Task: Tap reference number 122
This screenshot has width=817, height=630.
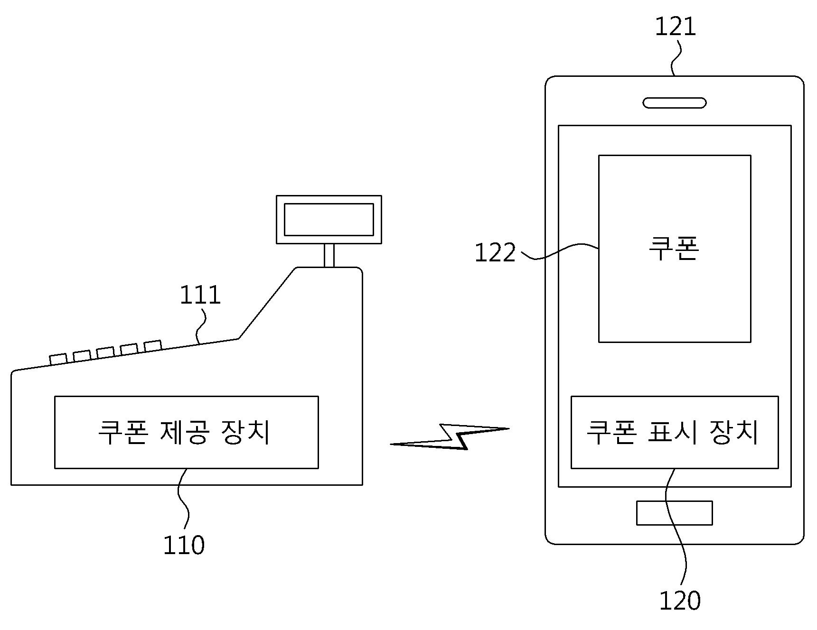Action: coord(495,253)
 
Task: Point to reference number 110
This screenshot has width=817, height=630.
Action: coord(184,545)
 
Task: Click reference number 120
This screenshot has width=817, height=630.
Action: coord(680,601)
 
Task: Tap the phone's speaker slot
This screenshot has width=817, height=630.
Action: coord(675,103)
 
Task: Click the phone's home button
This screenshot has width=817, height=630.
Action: coord(674,513)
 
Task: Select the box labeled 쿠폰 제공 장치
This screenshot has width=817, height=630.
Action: coord(187,432)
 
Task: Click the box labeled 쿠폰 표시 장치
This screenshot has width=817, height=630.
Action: coord(674,432)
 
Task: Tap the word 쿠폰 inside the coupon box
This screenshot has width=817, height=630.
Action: coord(674,249)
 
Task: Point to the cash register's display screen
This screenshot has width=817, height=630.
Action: coord(329,219)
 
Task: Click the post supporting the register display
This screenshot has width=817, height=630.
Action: coord(329,256)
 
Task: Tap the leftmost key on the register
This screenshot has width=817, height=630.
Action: coord(58,359)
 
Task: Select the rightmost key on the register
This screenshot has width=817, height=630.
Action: coord(153,346)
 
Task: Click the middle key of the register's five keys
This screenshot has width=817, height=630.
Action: coord(105,352)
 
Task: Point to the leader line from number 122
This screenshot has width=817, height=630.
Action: coord(560,251)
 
